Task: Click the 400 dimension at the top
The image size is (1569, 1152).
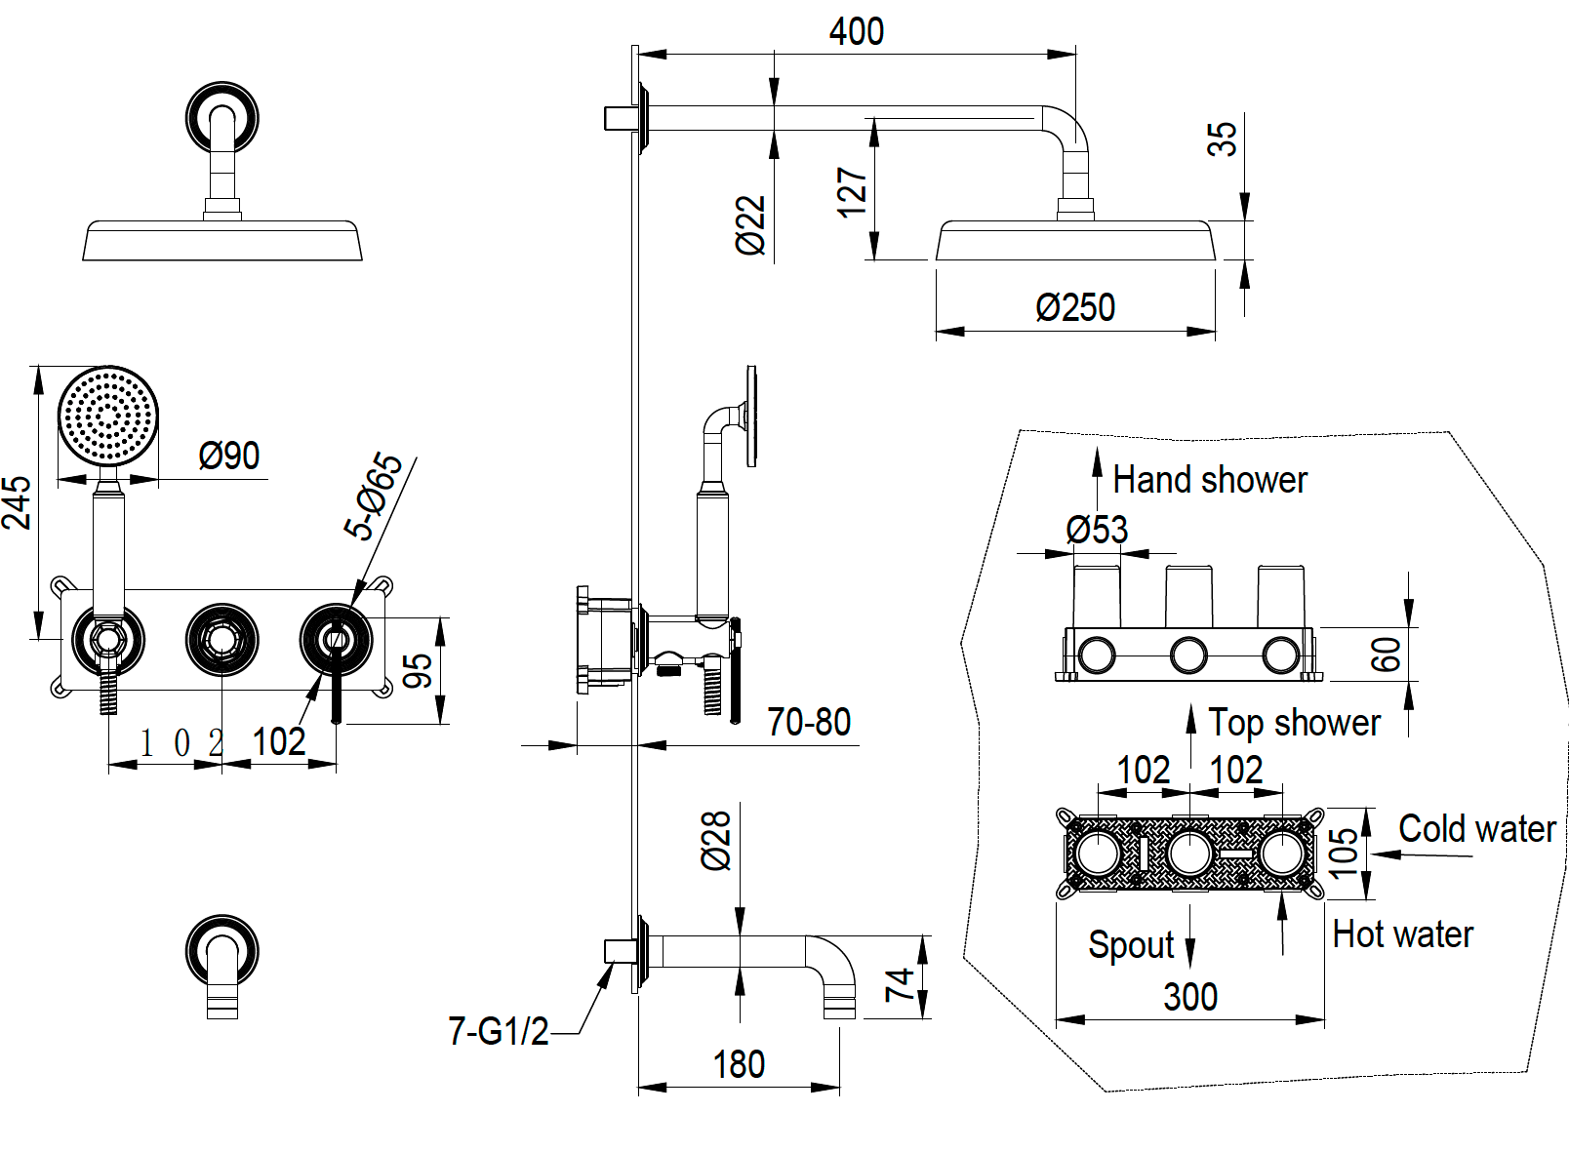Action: [x=856, y=31]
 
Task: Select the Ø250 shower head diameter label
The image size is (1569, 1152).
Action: [x=1074, y=307]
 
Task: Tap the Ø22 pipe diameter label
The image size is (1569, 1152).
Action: [x=750, y=225]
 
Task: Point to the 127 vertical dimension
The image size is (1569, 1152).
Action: [x=852, y=191]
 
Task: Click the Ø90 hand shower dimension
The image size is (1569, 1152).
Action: [x=228, y=456]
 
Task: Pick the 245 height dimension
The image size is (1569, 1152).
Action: [x=17, y=502]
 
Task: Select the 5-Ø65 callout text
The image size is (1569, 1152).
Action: [x=373, y=496]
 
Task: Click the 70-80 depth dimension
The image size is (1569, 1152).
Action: [x=808, y=722]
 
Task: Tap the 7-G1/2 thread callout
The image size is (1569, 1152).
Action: [x=498, y=1031]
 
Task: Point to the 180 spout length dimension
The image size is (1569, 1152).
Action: [x=739, y=1064]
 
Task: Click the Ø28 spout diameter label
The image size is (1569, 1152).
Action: [x=716, y=840]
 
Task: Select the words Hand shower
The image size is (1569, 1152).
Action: [x=1209, y=480]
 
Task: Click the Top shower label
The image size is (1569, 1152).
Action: [x=1294, y=723]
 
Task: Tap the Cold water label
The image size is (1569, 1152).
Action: [x=1476, y=829]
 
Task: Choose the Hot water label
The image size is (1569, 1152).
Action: [x=1402, y=934]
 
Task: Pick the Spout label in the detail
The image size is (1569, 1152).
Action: [x=1131, y=945]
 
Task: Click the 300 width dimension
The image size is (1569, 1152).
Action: [x=1189, y=997]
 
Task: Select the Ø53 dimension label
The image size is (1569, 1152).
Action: [x=1097, y=530]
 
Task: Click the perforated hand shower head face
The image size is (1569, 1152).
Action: [x=107, y=416]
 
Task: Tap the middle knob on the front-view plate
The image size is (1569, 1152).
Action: [x=222, y=640]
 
